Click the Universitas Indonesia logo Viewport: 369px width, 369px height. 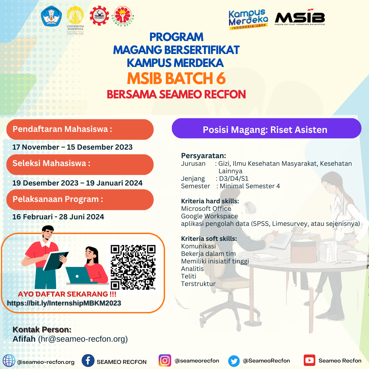pos(75,20)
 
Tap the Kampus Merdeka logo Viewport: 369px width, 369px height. pos(248,20)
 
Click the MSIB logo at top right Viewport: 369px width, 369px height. pos(300,17)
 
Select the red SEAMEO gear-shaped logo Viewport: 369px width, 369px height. pos(99,16)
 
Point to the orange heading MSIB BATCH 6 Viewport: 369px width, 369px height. pos(176,78)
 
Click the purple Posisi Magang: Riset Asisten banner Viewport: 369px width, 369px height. pos(266,128)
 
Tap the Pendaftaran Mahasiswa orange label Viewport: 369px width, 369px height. pos(80,129)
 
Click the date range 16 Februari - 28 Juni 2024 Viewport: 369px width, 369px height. pos(58,217)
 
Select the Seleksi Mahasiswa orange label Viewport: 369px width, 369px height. pos(80,164)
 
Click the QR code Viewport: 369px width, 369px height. pos(133,267)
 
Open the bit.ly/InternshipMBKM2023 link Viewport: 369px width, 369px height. pos(64,303)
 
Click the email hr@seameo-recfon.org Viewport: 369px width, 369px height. pos(83,339)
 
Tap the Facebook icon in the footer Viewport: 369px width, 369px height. pos(88,360)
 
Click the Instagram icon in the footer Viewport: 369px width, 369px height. pos(165,360)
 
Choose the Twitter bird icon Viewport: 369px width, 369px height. pos(234,361)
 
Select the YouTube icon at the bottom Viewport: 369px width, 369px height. pos(310,360)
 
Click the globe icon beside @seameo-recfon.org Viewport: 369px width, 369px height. pos(9,361)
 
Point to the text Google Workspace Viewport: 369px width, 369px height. pos(209,216)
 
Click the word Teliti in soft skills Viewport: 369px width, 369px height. pos(189,276)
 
